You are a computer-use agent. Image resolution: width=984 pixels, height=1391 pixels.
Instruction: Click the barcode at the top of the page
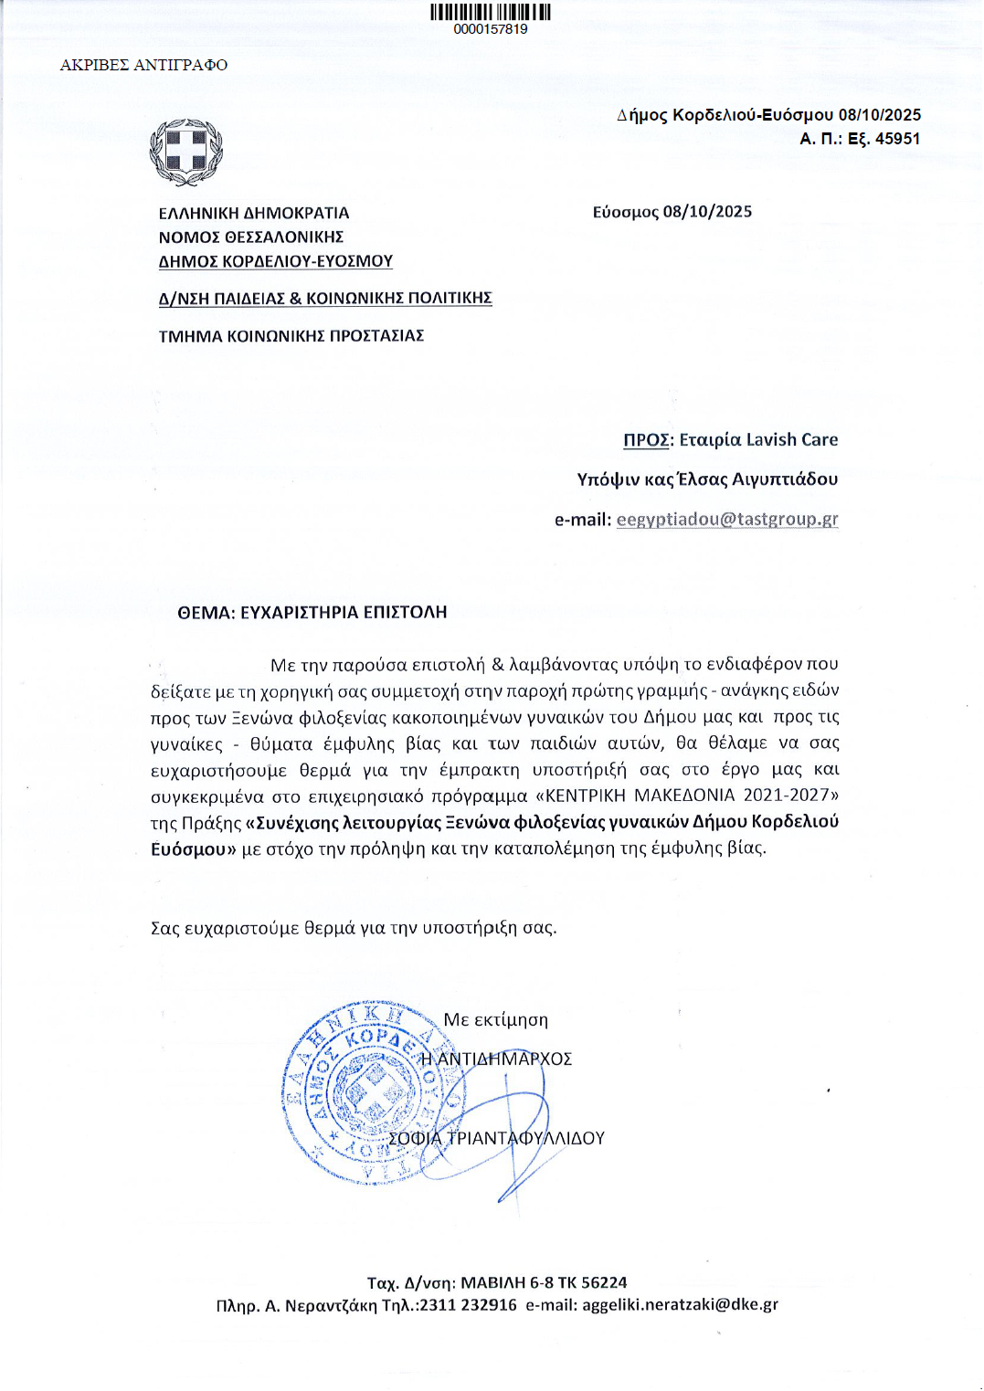point(490,12)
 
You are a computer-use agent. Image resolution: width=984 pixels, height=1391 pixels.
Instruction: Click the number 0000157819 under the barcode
point(491,29)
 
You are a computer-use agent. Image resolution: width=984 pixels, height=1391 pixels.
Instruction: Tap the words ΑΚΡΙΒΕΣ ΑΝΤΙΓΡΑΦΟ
point(143,65)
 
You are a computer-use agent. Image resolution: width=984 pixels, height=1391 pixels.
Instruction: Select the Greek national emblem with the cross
point(186,152)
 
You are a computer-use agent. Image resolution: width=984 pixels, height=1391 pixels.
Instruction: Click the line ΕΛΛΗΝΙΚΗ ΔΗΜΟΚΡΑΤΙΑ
point(254,213)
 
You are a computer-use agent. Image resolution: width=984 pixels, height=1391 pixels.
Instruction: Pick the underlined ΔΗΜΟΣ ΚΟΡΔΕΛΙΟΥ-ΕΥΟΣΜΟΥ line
point(276,261)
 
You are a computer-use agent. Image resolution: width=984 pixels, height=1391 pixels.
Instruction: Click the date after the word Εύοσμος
point(707,212)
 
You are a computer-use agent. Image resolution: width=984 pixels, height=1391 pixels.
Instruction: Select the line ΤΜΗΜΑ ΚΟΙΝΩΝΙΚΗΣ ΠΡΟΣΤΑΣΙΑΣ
point(291,336)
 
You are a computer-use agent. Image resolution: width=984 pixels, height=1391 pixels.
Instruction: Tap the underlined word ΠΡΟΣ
point(646,440)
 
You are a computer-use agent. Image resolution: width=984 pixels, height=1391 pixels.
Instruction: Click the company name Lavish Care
point(792,440)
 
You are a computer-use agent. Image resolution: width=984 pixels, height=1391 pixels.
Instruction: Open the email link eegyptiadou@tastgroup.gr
point(727,520)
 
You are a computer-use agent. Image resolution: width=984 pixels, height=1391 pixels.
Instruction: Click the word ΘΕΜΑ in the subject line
point(204,613)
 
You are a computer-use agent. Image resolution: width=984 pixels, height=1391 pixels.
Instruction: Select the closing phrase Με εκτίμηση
point(496,1020)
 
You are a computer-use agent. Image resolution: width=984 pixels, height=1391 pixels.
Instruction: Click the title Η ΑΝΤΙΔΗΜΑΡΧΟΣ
point(496,1059)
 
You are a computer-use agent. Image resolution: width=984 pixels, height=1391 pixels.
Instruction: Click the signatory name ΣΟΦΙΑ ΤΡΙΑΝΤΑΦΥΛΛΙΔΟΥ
point(497,1139)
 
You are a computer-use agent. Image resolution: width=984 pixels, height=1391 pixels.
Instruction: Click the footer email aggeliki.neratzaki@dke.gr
point(680,1305)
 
